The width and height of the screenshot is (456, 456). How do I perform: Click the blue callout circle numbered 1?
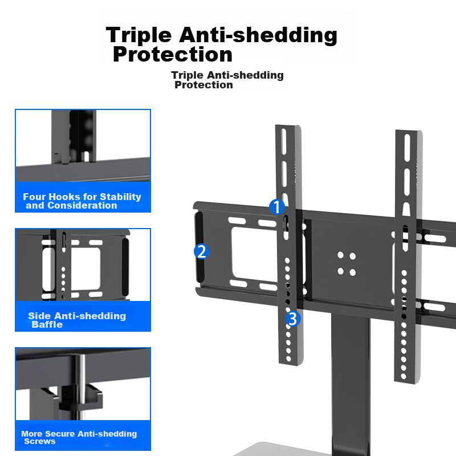[276, 207]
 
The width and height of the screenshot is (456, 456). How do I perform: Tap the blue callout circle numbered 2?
[202, 251]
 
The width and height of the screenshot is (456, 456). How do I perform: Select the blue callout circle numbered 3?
[292, 319]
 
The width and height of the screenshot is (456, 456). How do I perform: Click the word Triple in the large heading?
[139, 35]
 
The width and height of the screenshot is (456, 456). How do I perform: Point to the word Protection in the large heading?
[173, 54]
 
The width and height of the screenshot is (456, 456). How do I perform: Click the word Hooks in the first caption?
[64, 197]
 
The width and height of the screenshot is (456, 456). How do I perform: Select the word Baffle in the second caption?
[47, 324]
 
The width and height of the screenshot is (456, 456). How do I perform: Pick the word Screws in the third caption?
[39, 441]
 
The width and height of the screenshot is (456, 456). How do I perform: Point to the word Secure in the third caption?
[60, 434]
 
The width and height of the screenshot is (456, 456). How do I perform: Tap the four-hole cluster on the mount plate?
[347, 264]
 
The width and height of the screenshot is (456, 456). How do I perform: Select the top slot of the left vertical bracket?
[284, 141]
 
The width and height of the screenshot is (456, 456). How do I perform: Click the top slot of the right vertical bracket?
[407, 147]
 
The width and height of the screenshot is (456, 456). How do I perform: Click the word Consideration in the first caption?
[82, 206]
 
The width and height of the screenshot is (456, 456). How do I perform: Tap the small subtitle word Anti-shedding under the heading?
[245, 75]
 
